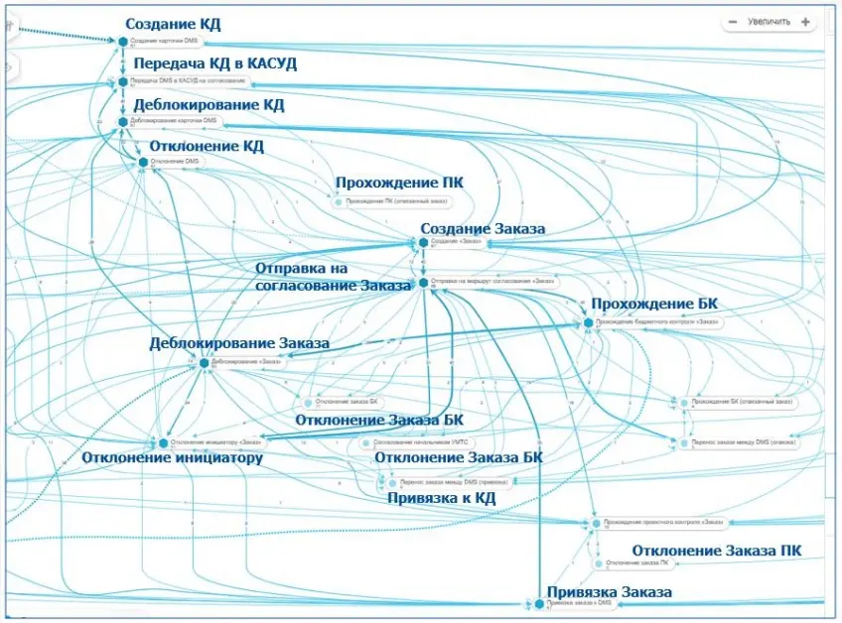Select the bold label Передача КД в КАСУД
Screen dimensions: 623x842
click(x=214, y=63)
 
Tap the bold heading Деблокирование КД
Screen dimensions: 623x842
click(x=209, y=104)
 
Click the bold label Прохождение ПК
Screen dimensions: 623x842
click(x=399, y=184)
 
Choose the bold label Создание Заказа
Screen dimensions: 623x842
click(x=483, y=229)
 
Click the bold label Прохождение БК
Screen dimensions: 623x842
click(x=654, y=304)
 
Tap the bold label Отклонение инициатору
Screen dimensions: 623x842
click(x=172, y=458)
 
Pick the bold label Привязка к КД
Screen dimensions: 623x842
click(x=441, y=498)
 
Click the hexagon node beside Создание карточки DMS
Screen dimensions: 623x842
click(x=123, y=42)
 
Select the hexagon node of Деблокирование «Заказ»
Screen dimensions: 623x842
click(x=204, y=363)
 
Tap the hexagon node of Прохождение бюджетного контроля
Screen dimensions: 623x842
click(x=588, y=322)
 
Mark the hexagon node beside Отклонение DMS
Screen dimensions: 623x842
click(x=143, y=162)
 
